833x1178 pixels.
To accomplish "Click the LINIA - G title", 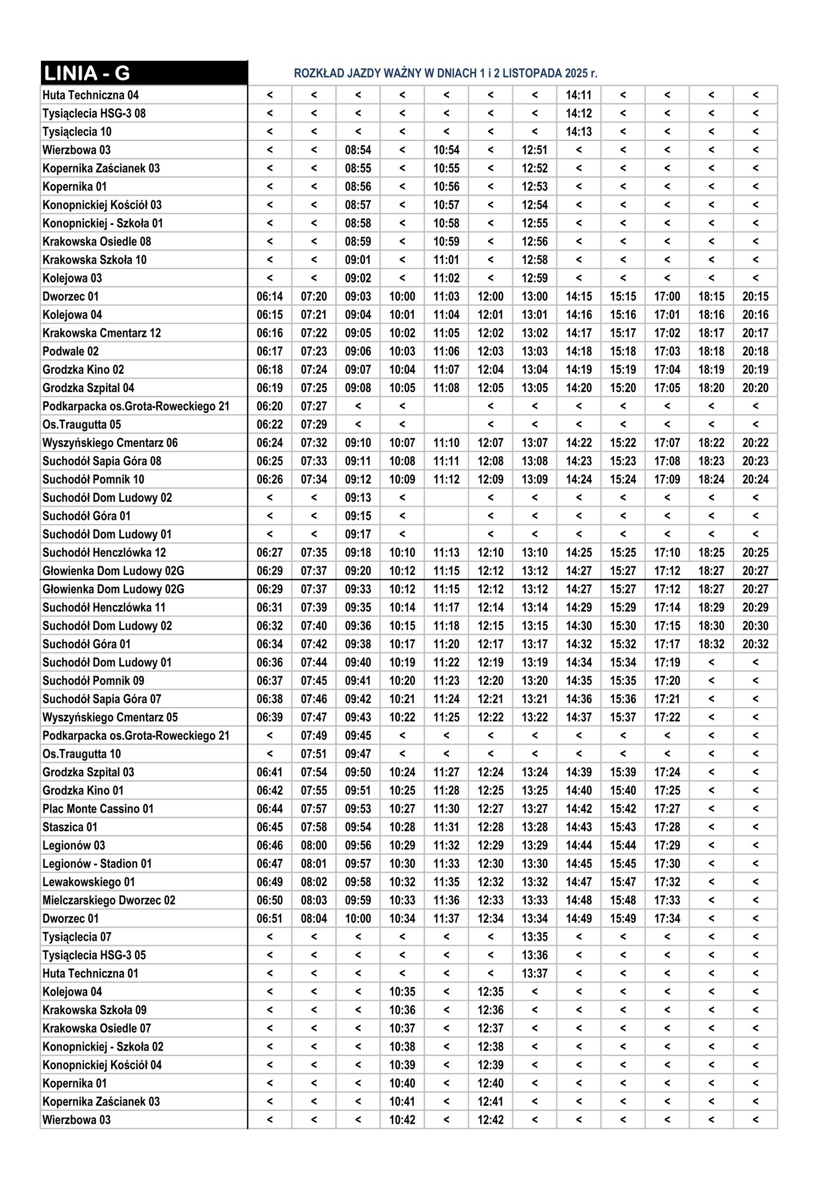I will pos(87,73).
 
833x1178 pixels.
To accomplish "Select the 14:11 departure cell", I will pos(578,95).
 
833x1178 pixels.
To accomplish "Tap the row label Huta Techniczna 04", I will pos(90,95).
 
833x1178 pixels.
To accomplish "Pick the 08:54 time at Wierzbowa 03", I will pos(358,150).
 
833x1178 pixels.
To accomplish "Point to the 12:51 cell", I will pos(534,150).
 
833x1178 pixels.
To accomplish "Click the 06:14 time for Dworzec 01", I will pos(269,297).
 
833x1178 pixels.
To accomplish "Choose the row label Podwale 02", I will pos(71,352).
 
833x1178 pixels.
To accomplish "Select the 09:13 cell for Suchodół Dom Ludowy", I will pos(358,498).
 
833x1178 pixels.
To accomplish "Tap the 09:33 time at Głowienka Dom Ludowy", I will pos(358,589).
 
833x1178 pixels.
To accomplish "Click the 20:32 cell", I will pos(755,644).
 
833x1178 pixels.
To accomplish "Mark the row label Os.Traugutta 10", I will pos(82,754).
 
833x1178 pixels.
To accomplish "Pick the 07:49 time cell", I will pos(314,735).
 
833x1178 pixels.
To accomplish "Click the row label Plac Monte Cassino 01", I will pos(98,809).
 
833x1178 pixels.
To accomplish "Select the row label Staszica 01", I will pos(70,827).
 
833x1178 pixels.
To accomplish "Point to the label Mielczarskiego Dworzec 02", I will pos(109,900).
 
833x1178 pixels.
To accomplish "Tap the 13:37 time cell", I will pos(534,973).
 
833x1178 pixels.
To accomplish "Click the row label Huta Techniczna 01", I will pos(90,973).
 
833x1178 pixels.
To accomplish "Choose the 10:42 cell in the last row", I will pos(402,1120).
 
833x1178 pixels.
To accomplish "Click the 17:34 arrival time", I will pos(667,918).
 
